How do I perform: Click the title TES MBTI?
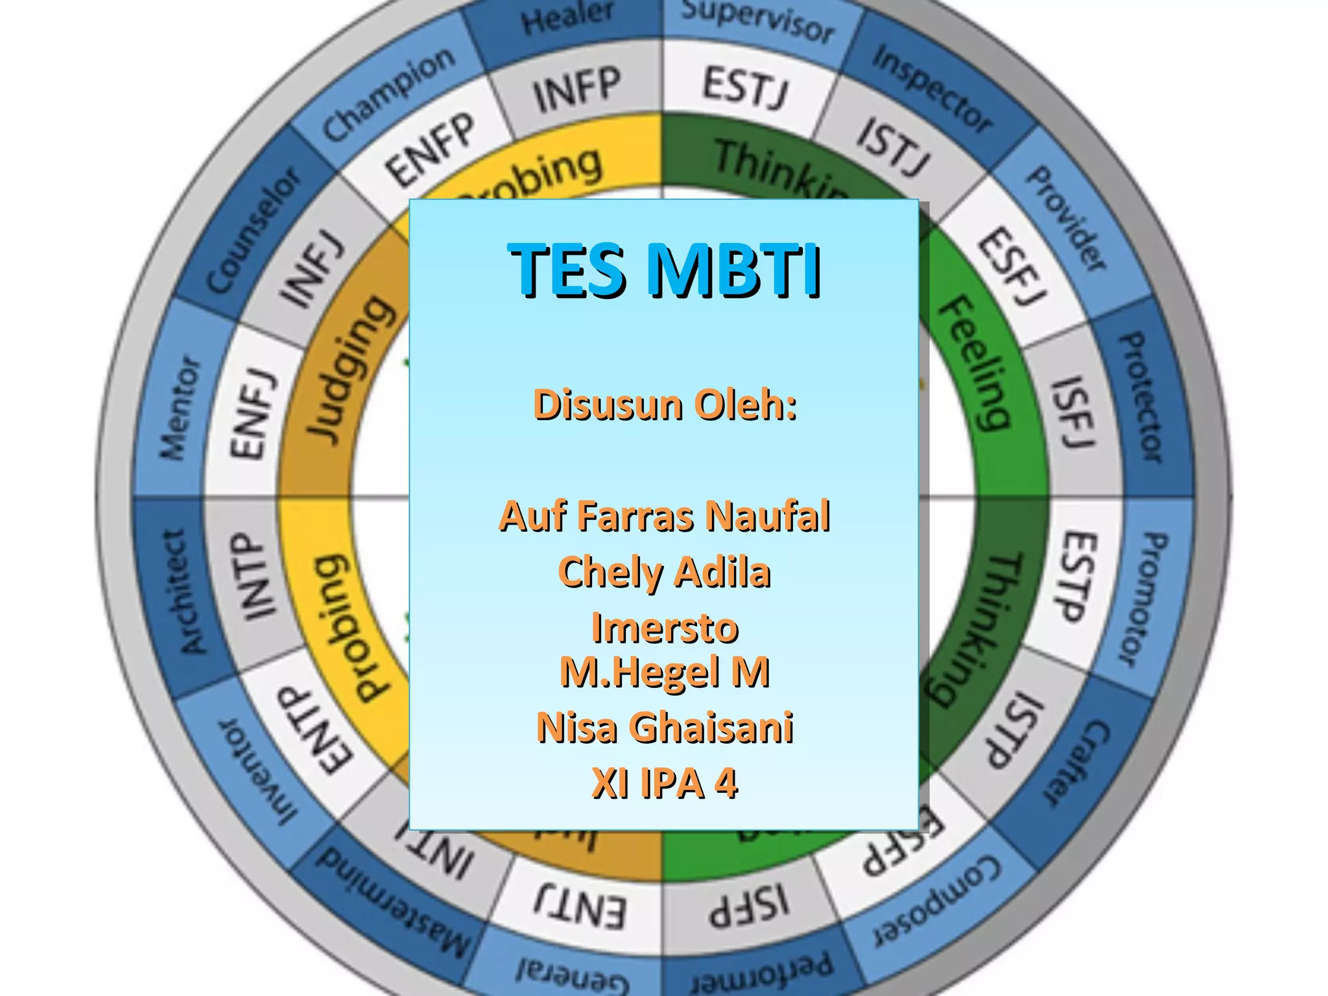(665, 269)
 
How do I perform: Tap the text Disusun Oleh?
(665, 405)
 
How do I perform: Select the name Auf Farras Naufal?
(665, 516)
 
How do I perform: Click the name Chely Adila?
(665, 572)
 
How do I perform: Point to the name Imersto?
(665, 628)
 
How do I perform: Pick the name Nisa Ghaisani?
(665, 727)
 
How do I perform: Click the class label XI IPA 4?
(665, 783)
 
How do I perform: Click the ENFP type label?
(431, 149)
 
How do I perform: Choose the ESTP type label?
(1078, 576)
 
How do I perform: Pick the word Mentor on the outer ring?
(181, 409)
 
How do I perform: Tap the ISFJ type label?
(1073, 412)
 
